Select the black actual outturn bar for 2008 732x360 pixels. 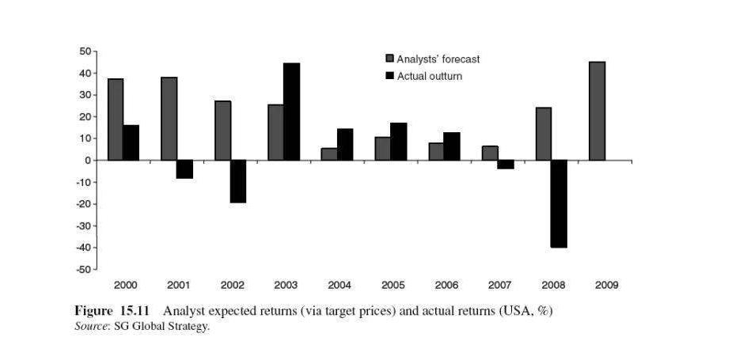click(x=559, y=203)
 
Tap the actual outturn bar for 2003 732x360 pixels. click(x=291, y=112)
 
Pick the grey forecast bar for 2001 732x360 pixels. click(x=169, y=119)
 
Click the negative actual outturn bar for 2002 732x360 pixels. click(x=237, y=181)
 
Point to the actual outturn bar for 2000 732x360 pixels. click(x=131, y=142)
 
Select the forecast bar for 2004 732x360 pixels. click(x=328, y=154)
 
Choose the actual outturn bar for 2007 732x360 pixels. click(x=505, y=165)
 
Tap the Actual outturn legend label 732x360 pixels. click(x=429, y=76)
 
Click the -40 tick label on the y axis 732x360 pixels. click(x=82, y=248)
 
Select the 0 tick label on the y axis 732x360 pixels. click(x=87, y=161)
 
